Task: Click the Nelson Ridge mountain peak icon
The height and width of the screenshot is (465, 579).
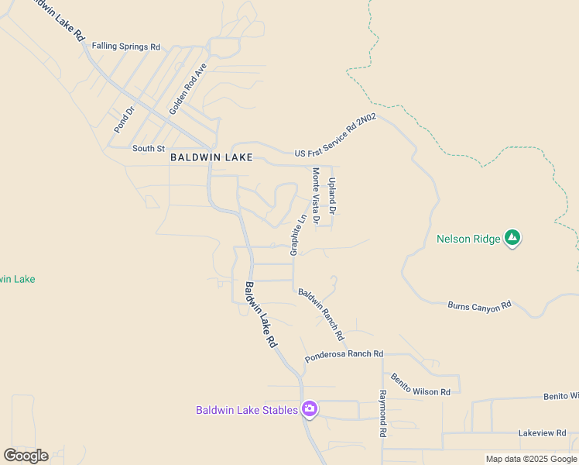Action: (x=512, y=239)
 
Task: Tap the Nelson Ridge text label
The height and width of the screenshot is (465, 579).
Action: (x=468, y=239)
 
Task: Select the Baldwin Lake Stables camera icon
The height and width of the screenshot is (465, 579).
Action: (x=310, y=409)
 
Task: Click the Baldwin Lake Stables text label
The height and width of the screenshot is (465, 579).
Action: (x=247, y=410)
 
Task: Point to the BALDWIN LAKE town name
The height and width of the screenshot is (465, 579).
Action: (x=211, y=157)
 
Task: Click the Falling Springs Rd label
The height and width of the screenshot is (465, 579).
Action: (x=125, y=46)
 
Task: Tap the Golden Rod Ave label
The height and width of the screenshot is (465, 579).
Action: (x=188, y=89)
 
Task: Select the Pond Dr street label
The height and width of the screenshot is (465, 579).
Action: (x=124, y=119)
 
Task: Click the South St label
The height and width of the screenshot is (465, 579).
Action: (x=149, y=148)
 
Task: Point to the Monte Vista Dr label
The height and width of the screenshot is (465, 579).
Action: (x=316, y=197)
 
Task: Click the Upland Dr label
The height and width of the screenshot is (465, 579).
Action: (x=332, y=195)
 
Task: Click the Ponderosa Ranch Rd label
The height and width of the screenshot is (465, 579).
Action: (x=344, y=356)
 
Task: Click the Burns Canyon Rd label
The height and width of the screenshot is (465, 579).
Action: (x=480, y=306)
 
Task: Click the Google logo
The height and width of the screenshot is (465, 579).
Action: (x=26, y=456)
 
